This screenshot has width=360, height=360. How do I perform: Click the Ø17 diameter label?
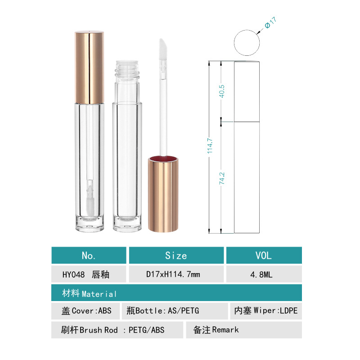pos(271,22)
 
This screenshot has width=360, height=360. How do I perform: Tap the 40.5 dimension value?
pos(222,91)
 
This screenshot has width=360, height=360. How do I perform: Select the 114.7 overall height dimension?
pos(210,146)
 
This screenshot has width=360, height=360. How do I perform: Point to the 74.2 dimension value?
pos(222,178)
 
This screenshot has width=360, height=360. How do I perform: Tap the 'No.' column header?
pos(89,255)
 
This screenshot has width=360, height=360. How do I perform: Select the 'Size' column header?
pos(176,255)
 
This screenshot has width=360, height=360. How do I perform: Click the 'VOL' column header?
pos(264,255)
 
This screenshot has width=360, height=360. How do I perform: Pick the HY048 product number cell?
pos(89,274)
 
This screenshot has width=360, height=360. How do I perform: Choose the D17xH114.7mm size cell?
pos(176,274)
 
